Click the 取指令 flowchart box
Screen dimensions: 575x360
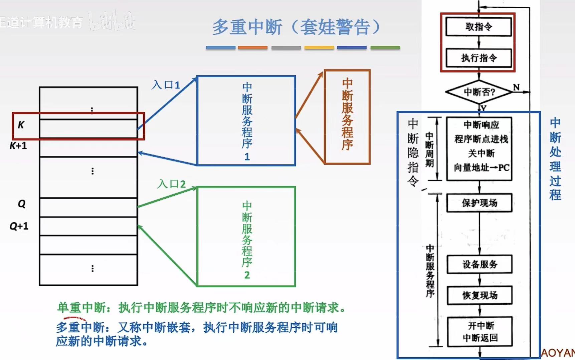point(478,27)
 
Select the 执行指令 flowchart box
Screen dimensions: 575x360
point(478,58)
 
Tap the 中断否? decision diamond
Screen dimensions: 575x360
point(479,92)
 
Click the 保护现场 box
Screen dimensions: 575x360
point(479,203)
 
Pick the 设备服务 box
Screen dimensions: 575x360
point(480,265)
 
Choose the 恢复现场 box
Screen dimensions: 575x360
point(480,295)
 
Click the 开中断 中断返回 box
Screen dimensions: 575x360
point(480,332)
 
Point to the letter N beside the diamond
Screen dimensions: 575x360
point(516,87)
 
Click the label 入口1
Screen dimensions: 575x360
point(166,85)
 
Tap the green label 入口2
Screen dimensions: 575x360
point(172,184)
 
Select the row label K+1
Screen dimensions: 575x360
point(18,146)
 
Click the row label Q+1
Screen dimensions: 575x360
point(19,226)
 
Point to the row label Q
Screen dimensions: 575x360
point(22,204)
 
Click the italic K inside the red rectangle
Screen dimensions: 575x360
point(21,125)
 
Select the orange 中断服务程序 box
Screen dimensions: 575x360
point(347,117)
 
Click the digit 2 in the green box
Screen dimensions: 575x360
point(247,275)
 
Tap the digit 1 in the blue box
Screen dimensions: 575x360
point(247,157)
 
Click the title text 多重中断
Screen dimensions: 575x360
point(247,27)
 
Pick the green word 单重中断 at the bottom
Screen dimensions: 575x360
point(82,307)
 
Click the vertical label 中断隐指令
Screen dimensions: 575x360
point(413,152)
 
